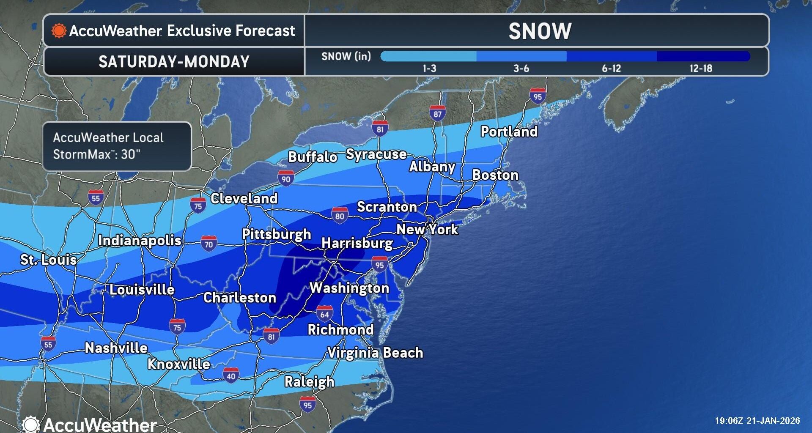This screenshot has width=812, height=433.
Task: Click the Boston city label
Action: click(x=495, y=175)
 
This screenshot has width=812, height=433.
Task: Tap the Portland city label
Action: click(x=509, y=132)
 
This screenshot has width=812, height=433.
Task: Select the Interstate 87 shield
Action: click(x=437, y=113)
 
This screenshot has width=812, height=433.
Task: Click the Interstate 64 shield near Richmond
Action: click(x=324, y=314)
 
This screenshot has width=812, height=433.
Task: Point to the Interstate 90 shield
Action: click(x=286, y=178)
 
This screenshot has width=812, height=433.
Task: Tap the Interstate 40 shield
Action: click(x=230, y=375)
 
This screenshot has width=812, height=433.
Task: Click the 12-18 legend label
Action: click(x=701, y=69)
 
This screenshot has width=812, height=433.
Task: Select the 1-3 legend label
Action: click(x=429, y=69)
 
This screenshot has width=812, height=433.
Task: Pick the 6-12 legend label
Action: click(x=611, y=69)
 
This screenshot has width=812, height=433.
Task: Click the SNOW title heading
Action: click(x=540, y=31)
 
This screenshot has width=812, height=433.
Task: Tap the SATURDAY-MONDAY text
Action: click(x=174, y=62)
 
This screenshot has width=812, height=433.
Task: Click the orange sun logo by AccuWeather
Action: click(x=59, y=31)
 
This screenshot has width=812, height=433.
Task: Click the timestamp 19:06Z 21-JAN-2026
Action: click(x=757, y=421)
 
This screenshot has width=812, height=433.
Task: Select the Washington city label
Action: click(x=349, y=288)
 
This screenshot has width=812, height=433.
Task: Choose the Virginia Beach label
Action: click(x=375, y=353)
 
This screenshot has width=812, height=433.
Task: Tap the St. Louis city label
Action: click(x=49, y=260)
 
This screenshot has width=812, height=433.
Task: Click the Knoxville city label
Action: click(x=178, y=364)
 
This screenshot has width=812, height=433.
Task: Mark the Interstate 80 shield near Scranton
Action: click(x=340, y=216)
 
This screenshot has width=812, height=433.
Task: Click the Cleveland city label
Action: click(x=244, y=198)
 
